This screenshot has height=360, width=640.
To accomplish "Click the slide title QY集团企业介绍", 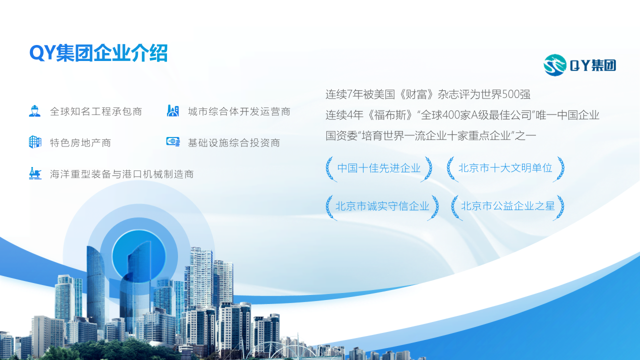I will (98, 53).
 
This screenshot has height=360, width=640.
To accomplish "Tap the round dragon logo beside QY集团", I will (555, 65).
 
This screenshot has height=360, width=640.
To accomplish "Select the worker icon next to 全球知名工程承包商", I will (34, 111).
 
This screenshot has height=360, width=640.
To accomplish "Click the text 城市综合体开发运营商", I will (239, 111).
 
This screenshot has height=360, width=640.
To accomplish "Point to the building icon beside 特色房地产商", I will (34, 142).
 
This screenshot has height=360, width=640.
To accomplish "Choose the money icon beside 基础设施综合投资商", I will (173, 142).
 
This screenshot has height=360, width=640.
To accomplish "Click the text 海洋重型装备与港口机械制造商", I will (121, 174).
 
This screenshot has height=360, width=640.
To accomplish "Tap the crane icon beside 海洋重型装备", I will (34, 173).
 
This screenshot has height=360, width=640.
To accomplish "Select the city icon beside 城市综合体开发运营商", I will (173, 111).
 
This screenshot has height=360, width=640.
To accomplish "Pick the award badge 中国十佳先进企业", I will (378, 168).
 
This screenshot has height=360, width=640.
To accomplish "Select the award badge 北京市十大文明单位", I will (505, 168).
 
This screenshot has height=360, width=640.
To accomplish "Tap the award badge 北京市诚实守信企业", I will (382, 206).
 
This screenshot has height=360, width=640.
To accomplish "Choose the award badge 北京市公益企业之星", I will (507, 206).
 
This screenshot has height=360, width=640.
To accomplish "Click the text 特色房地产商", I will (80, 143).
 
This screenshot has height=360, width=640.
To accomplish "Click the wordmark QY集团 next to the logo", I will (593, 65).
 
